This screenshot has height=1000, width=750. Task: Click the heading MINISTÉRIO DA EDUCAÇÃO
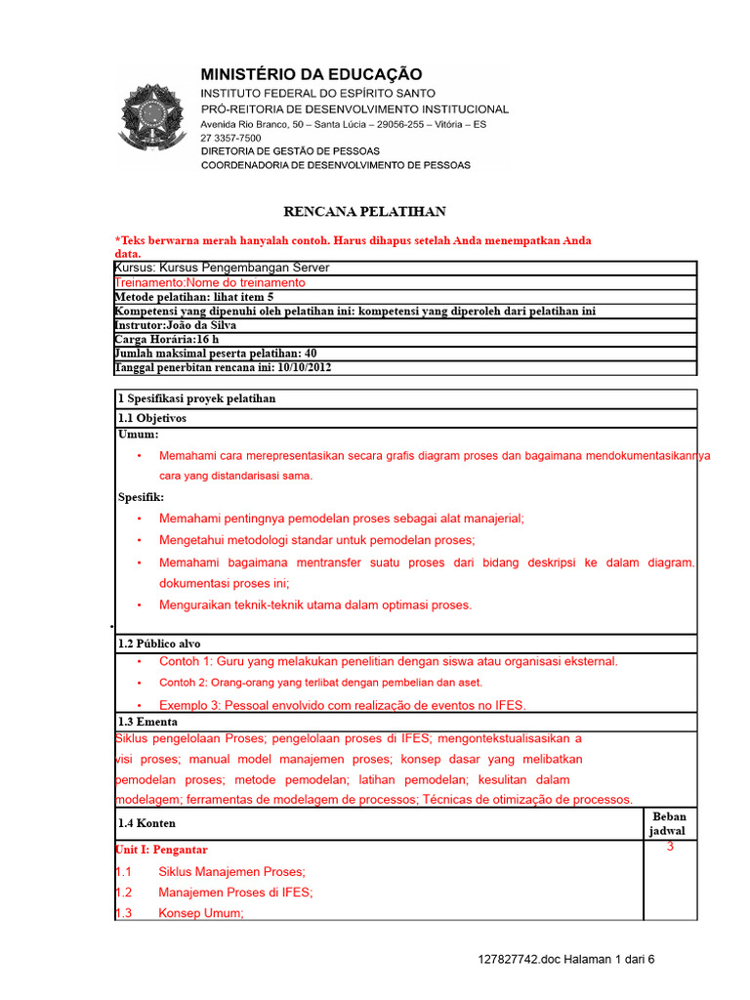click(312, 74)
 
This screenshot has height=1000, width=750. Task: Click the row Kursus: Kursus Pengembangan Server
click(223, 268)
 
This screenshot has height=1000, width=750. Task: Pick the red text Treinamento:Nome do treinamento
click(210, 282)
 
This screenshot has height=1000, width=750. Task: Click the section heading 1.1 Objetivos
click(151, 418)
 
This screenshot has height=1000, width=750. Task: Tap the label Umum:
click(138, 435)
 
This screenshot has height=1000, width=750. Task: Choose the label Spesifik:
click(142, 497)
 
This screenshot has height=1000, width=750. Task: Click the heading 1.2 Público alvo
click(159, 644)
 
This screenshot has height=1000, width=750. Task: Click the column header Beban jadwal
click(669, 823)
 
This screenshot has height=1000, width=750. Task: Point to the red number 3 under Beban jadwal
click(670, 847)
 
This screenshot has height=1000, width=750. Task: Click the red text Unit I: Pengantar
click(161, 850)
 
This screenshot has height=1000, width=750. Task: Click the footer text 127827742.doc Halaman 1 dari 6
click(566, 959)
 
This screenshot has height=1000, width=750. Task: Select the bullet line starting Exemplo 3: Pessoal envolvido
click(342, 705)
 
